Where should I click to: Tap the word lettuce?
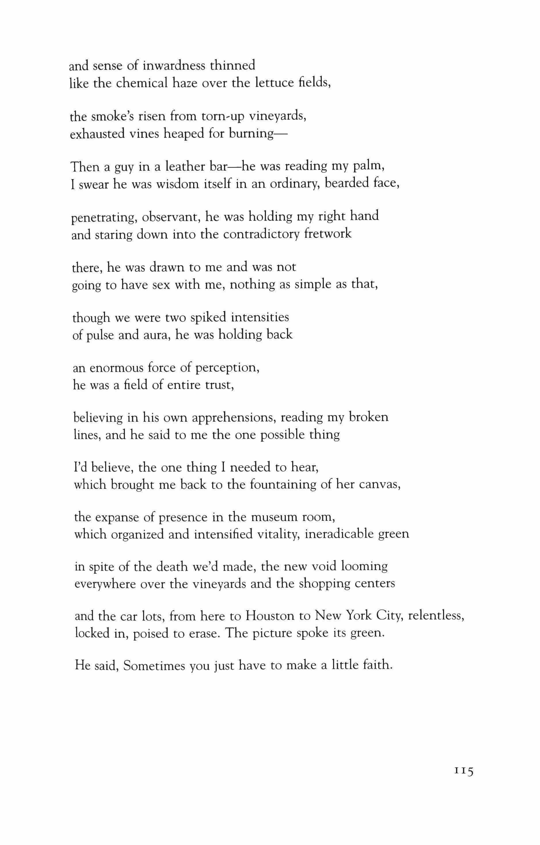(x=273, y=83)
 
